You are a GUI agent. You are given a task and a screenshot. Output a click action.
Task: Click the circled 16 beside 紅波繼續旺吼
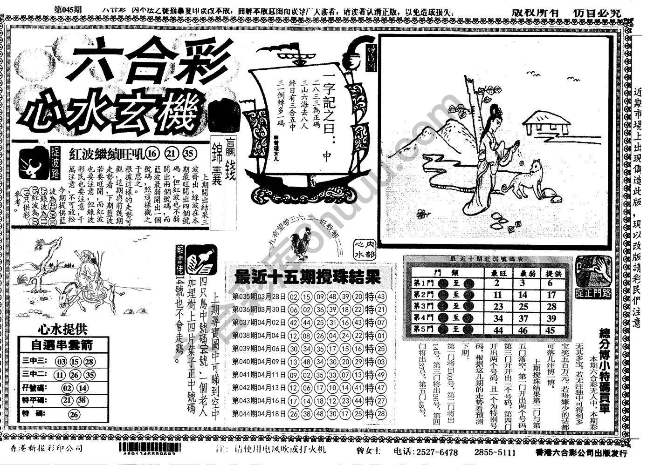pos(152,154)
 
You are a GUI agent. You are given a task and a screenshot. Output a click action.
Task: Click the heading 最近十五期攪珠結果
pos(308,277)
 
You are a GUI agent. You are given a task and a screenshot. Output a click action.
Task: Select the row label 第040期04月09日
pos(259,362)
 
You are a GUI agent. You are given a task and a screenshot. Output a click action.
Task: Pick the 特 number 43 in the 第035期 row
pos(381,297)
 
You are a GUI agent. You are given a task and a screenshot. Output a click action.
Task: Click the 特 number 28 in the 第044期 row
pos(381,414)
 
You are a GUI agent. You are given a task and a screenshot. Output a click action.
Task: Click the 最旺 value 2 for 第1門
pos(497,283)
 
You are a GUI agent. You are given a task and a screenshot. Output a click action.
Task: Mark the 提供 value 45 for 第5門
pos(551,330)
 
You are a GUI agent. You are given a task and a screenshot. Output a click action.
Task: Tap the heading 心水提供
pos(62,330)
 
